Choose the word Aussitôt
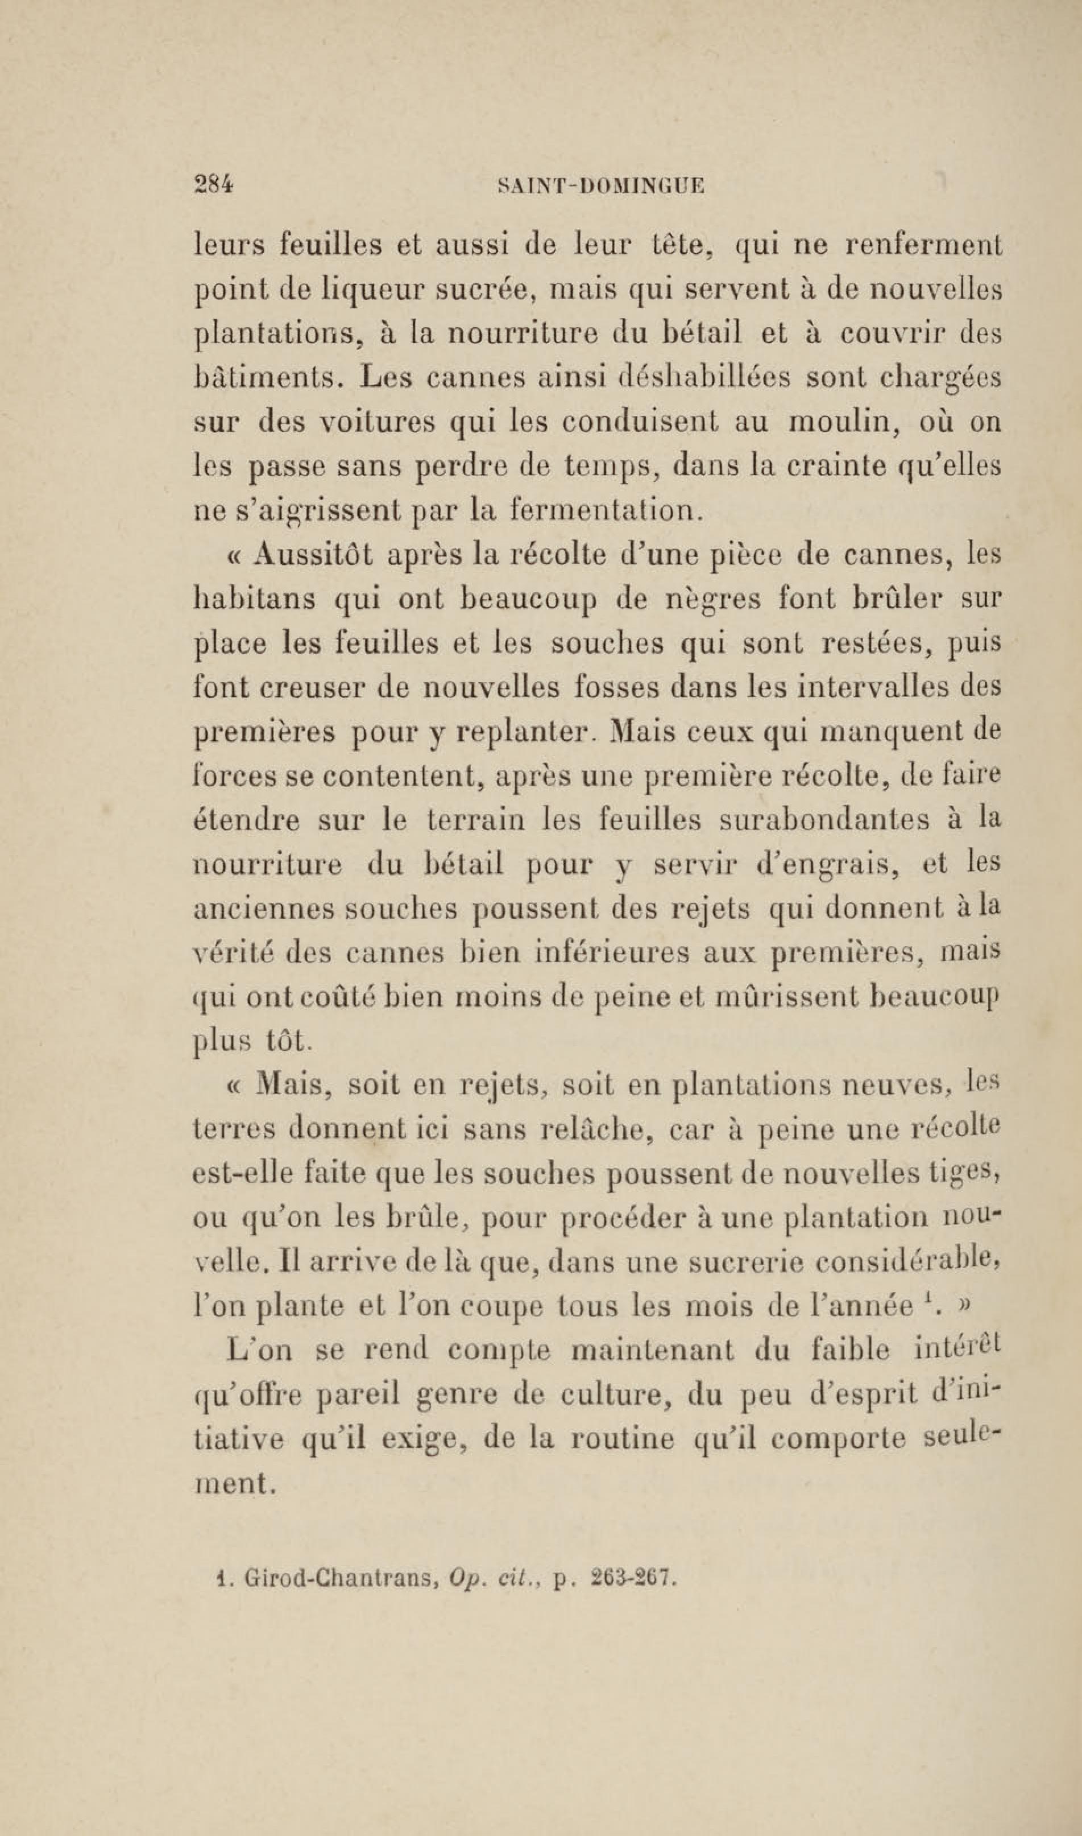(314, 555)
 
